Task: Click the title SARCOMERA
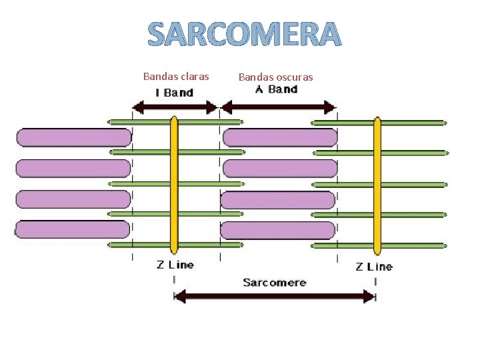tap(244, 35)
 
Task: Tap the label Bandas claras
tap(176, 76)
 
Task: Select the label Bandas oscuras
tap(275, 77)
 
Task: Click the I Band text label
tap(174, 93)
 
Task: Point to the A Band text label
tap(277, 89)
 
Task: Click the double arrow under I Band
tap(176, 107)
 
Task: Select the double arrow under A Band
tap(278, 107)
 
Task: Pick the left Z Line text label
tap(175, 265)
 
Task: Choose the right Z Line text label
tap(374, 267)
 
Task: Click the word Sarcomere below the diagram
tap(275, 283)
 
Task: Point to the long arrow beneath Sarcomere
tap(275, 296)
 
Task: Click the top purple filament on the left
tap(73, 137)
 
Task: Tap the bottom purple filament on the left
tap(72, 229)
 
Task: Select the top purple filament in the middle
tap(280, 137)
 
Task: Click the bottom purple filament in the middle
tap(277, 230)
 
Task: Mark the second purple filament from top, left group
tap(73, 168)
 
